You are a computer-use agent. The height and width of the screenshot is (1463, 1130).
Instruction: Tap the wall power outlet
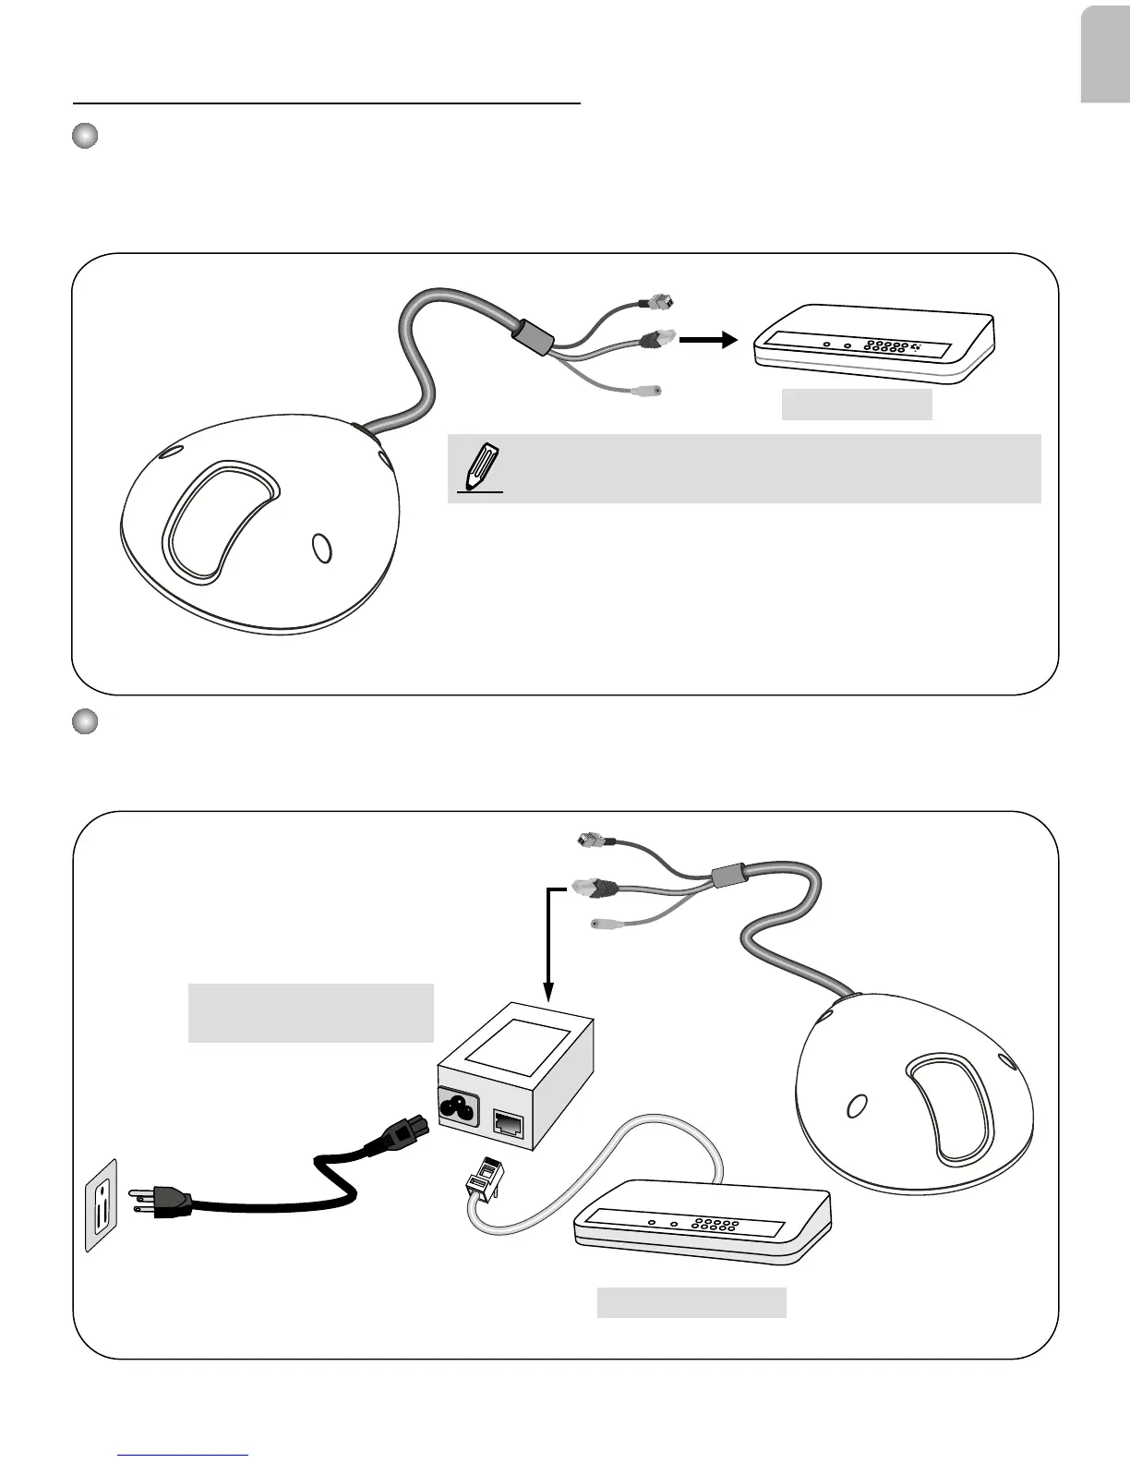[102, 1204]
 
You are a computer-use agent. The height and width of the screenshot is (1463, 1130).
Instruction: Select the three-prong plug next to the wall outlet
[162, 1203]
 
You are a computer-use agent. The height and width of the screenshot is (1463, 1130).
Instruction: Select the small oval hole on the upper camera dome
[320, 548]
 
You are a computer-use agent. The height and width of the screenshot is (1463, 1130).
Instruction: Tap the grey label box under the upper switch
[857, 405]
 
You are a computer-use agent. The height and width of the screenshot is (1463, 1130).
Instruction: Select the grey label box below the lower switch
[691, 1301]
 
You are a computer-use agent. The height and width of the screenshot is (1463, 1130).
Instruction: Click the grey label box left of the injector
[310, 1012]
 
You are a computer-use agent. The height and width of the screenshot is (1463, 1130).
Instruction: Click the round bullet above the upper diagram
[85, 136]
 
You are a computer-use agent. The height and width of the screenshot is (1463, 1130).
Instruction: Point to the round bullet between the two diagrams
[85, 721]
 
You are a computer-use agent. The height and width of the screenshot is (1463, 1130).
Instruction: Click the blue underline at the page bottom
[184, 1455]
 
